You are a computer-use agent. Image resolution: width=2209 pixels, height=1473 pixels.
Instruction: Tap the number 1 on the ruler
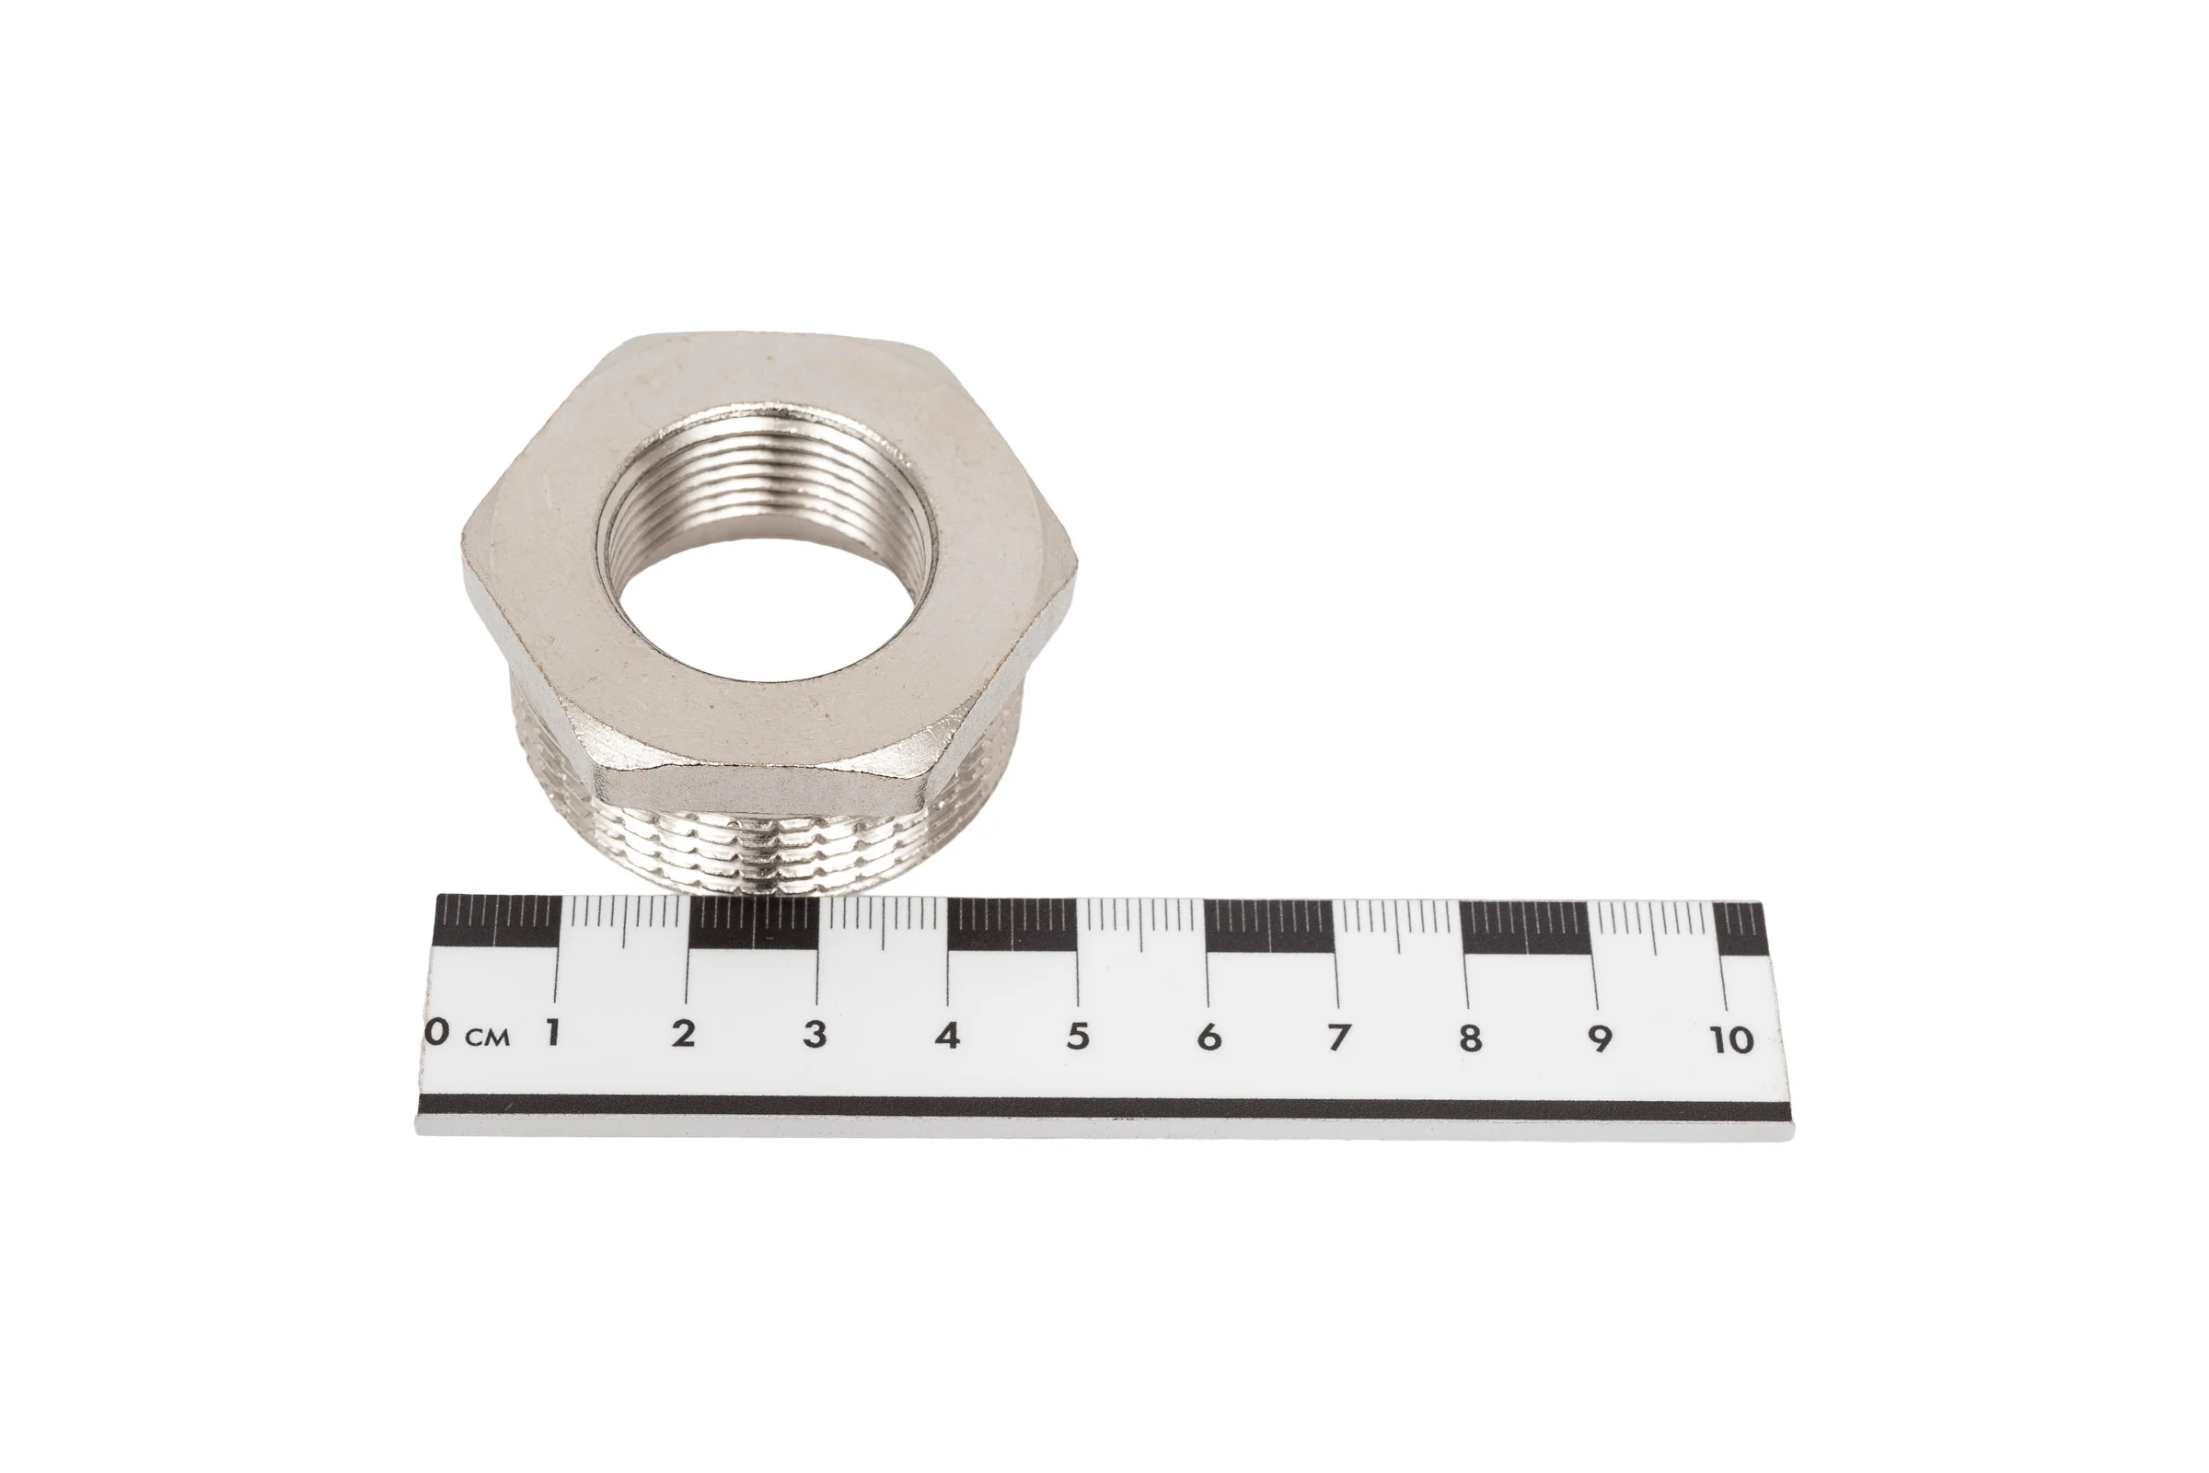coord(553,1031)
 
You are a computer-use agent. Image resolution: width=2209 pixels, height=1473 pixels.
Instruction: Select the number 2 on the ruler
coord(684,1032)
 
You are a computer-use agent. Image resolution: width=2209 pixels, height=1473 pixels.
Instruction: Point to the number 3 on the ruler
coord(815,1033)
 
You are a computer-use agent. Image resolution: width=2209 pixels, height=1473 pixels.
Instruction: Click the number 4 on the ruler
coord(947,1034)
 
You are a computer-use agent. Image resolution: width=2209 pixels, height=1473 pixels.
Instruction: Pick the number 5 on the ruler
coord(1078,1035)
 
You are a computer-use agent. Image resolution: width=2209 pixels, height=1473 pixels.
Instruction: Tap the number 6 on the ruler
coord(1209,1037)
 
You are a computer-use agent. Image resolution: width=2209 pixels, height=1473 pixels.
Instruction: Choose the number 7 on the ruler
coord(1337,1038)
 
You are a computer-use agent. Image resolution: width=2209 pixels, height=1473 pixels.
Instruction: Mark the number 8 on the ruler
coord(1470,1038)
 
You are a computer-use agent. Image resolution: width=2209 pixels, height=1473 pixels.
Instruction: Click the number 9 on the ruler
coord(1600,1038)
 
